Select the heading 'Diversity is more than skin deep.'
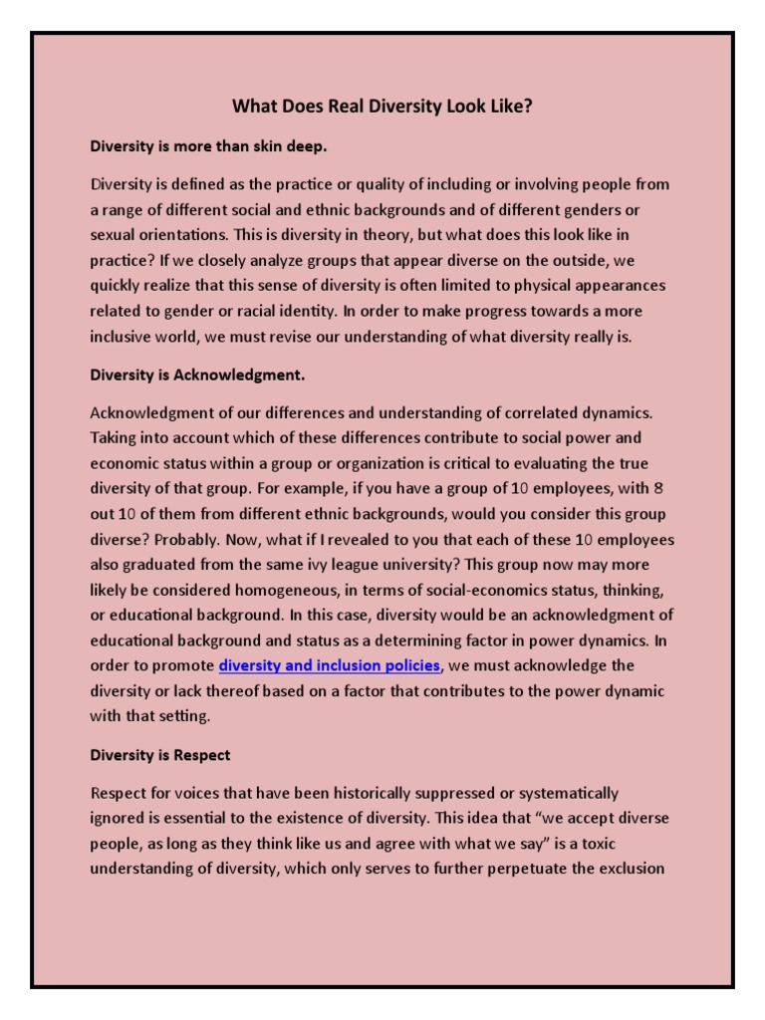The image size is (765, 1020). pyautogui.click(x=208, y=145)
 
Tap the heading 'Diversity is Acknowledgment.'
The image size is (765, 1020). pyautogui.click(x=197, y=375)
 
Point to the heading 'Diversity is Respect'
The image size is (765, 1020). pyautogui.click(x=160, y=755)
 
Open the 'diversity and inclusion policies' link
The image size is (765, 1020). pyautogui.click(x=329, y=665)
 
